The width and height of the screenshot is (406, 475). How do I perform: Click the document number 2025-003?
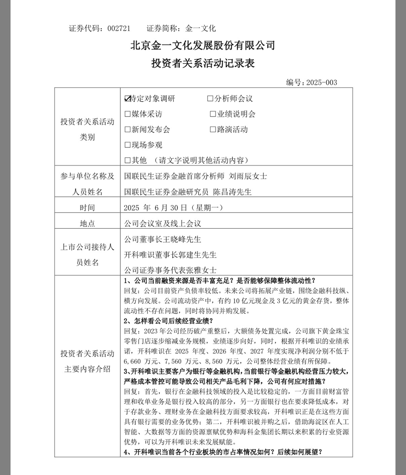(321, 83)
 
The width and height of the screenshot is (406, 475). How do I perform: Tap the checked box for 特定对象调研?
(128, 99)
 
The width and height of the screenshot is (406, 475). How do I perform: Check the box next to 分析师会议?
(210, 99)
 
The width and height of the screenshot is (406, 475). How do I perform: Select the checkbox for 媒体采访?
(128, 114)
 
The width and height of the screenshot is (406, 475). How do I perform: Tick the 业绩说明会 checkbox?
(213, 114)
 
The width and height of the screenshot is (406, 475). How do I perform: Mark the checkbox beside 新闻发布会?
(128, 129)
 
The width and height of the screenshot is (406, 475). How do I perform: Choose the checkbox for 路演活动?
(213, 129)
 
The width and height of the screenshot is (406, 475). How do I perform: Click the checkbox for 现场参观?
(128, 145)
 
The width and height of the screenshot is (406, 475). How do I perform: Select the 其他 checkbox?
(128, 160)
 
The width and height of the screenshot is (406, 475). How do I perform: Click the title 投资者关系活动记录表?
(203, 63)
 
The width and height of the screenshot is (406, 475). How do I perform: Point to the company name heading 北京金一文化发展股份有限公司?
(203, 45)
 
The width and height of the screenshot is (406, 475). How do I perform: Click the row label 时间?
(87, 207)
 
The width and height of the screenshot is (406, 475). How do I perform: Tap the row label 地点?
(87, 223)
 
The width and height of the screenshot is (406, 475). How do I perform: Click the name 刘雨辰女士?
(249, 176)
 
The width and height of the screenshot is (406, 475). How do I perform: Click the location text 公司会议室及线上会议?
(163, 223)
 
